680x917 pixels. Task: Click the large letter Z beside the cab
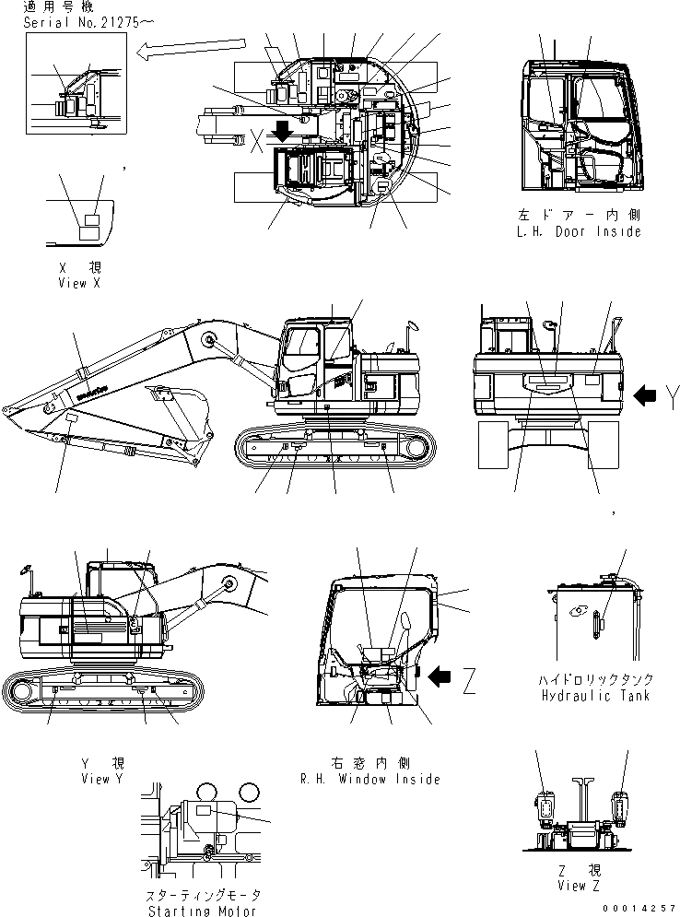(x=470, y=681)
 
